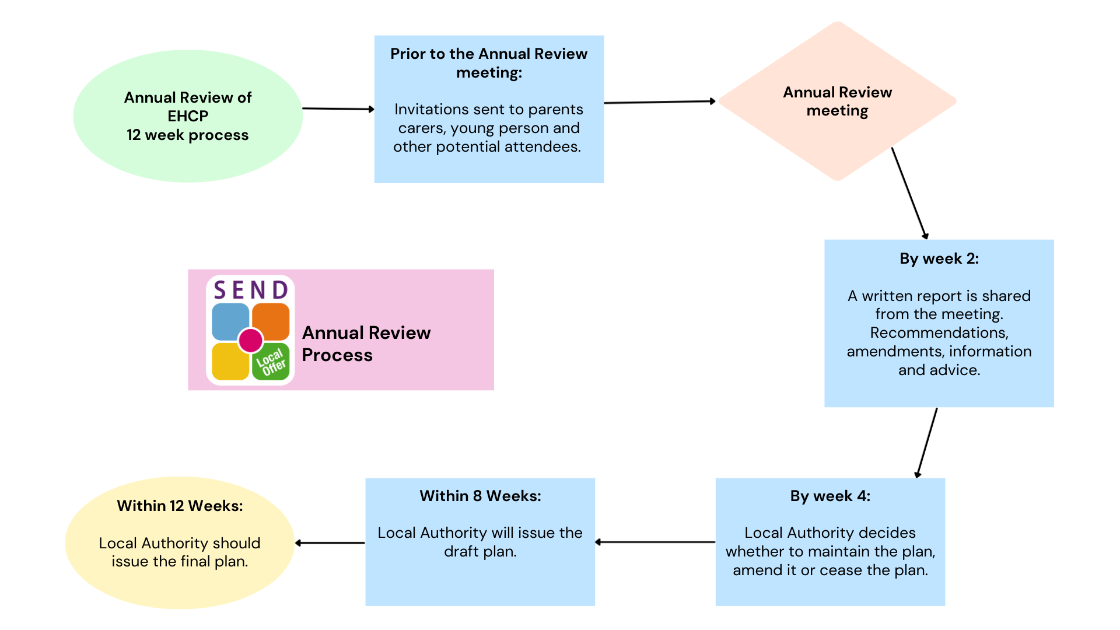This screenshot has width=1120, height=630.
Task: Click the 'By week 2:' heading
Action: pos(939,258)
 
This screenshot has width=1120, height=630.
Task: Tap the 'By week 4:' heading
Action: pos(830,496)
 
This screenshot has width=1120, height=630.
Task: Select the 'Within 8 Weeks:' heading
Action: pos(480,496)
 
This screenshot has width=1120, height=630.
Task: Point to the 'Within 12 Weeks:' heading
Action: pos(180,506)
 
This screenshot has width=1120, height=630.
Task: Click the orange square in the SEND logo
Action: pos(271,320)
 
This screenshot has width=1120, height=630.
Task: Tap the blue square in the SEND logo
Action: pos(230,320)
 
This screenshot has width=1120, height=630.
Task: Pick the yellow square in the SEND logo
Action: pos(230,361)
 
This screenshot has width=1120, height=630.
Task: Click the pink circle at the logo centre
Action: pos(251,340)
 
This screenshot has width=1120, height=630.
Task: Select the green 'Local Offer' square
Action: pos(271,362)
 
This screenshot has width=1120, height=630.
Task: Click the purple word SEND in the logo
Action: pos(251,290)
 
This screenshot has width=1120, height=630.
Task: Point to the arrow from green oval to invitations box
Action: pos(338,108)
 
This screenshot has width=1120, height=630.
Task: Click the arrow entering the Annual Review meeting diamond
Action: pos(660,102)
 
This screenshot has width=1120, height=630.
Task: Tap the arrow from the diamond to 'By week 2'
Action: pos(909,193)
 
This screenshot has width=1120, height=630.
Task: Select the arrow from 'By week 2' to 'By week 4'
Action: pos(927,443)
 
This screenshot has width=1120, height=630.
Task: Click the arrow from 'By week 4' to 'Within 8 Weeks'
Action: pos(655,542)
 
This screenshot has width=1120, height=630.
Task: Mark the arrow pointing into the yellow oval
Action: pos(330,543)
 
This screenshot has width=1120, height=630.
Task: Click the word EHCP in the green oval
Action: pos(188,116)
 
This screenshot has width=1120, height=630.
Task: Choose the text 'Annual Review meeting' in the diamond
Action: pos(837,101)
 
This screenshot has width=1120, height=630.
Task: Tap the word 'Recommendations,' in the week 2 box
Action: pos(939,332)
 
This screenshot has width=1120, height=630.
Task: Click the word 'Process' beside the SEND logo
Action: pos(337,355)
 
